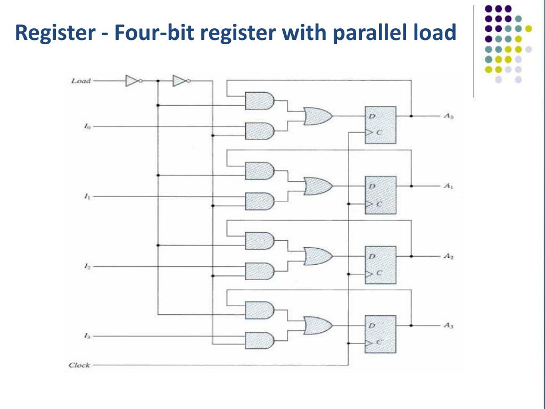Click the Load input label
81,81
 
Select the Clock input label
79,365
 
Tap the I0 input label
86,127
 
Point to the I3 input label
86,336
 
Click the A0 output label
448,116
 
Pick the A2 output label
448,256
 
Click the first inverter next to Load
133,81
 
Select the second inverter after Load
180,81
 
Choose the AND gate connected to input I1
259,201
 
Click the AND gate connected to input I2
259,271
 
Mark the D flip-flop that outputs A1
380,195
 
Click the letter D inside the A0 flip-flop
372,116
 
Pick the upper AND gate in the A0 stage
259,101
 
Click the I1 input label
86,197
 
